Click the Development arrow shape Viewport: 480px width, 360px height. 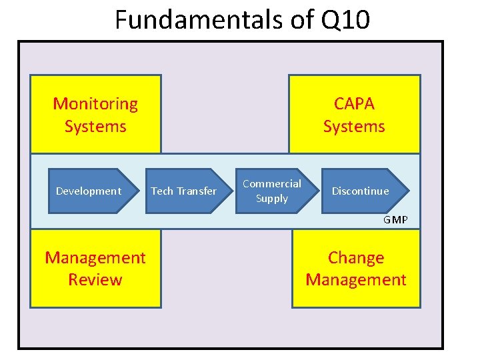click(89, 191)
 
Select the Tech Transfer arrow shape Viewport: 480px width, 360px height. click(184, 191)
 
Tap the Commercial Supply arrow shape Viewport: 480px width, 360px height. click(272, 191)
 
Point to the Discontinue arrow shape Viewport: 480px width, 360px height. click(361, 191)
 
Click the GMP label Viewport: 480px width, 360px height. click(395, 220)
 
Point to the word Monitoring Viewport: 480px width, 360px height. click(95, 104)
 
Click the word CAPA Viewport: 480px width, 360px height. click(354, 104)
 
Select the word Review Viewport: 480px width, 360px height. click(95, 279)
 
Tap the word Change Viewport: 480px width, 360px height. click(356, 257)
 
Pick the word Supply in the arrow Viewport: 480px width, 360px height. click(272, 199)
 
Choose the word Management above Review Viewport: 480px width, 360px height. click(95, 257)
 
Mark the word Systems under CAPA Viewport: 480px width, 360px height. click(354, 126)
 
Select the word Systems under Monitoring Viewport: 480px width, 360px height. click(95, 126)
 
